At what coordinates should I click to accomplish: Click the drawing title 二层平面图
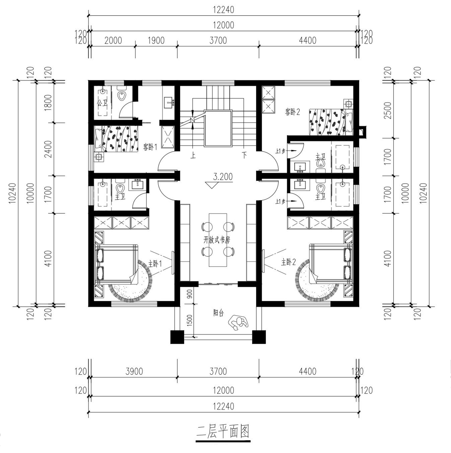click(x=223, y=431)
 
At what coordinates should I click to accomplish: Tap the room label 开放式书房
click(x=216, y=240)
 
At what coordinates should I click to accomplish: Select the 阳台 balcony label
click(x=219, y=313)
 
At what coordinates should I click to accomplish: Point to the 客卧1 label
click(x=150, y=147)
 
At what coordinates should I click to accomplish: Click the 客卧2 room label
click(x=293, y=112)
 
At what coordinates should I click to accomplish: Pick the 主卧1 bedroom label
click(x=155, y=264)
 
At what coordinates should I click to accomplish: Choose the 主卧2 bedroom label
click(x=288, y=262)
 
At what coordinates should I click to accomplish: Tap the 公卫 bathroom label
click(x=102, y=103)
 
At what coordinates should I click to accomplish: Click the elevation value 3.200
click(x=223, y=177)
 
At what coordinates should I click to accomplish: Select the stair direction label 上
click(x=193, y=155)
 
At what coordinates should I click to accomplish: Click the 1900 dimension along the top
click(x=156, y=40)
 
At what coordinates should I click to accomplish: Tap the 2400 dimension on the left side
click(x=48, y=149)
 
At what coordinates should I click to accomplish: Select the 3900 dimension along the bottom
click(x=134, y=371)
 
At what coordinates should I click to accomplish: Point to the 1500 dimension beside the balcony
click(x=189, y=320)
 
